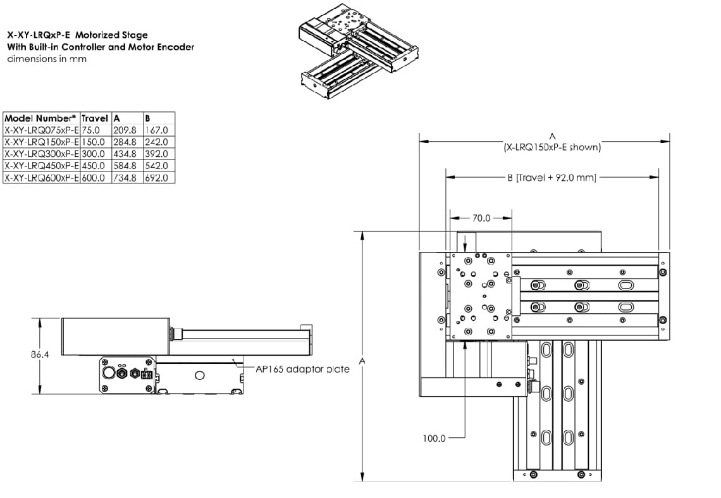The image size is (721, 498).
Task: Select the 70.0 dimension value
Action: click(481, 218)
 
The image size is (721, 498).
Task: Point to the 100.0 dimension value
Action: click(434, 437)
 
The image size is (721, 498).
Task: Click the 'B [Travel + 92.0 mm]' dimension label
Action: click(552, 178)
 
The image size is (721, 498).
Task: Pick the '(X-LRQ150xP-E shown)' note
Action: click(552, 147)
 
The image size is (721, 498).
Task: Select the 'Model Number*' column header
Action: click(40, 118)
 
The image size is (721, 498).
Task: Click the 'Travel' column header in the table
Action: click(95, 118)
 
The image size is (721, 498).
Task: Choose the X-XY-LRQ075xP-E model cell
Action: click(42, 130)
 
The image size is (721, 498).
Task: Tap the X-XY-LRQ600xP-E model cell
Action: click(42, 178)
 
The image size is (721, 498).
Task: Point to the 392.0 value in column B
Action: click(156, 154)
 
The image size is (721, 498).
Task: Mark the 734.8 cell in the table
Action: click(125, 178)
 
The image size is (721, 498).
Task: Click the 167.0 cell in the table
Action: click(156, 130)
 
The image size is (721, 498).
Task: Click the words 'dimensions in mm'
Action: click(47, 59)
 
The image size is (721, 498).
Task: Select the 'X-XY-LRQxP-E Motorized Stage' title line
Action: click(77, 35)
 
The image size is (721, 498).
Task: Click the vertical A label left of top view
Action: click(362, 360)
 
